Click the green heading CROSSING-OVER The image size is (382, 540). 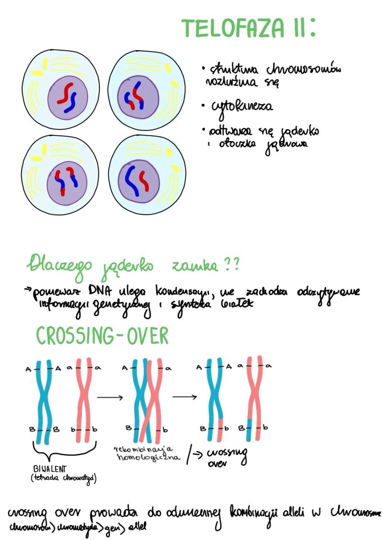102,337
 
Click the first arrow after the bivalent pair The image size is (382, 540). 109,397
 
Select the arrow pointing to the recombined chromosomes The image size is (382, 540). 185,397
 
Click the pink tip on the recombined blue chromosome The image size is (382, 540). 221,427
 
